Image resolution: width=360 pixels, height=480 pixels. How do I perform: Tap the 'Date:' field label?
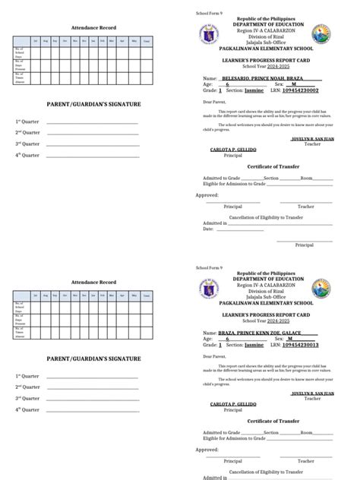coord(208,229)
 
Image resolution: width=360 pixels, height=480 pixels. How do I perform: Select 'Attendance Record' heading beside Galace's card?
coord(93,283)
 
